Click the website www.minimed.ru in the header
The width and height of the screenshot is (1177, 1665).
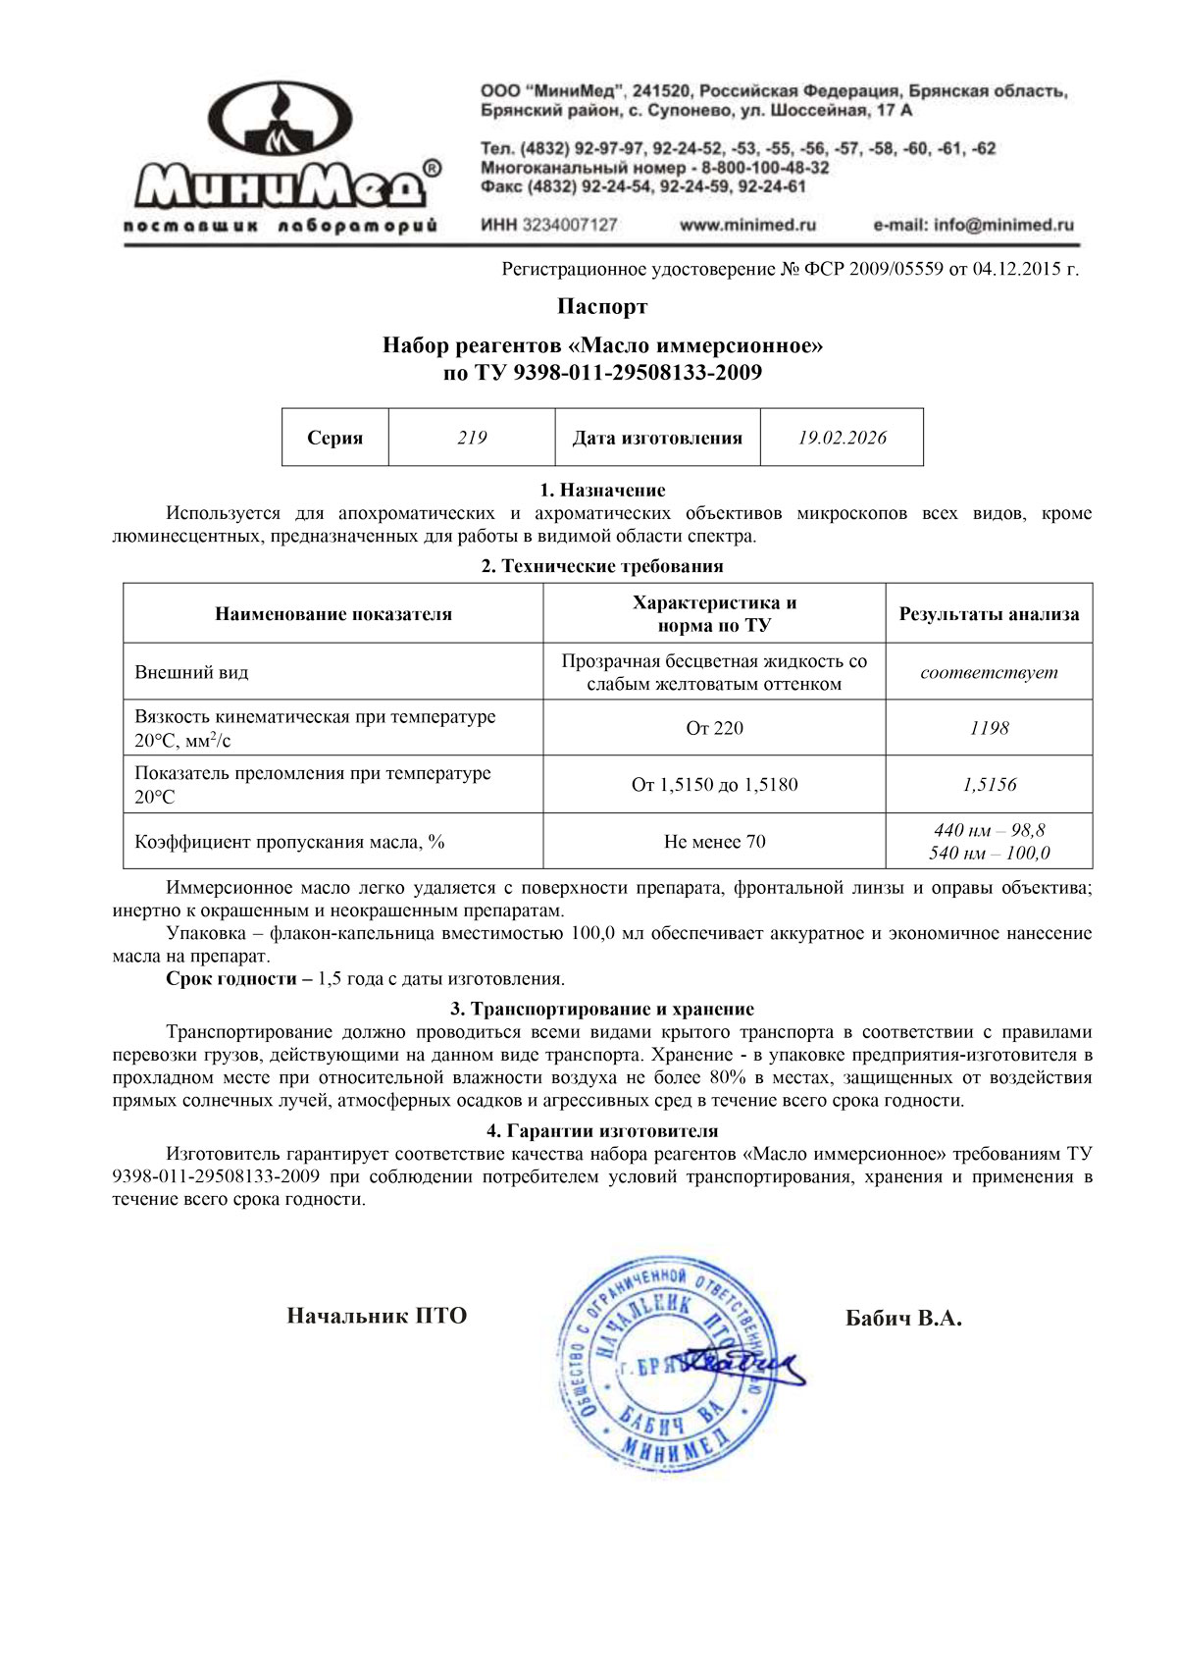coord(747,225)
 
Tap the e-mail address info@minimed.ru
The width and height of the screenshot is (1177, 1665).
coord(973,225)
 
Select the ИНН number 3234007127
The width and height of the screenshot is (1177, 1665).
coord(570,225)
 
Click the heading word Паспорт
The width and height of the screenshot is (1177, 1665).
coord(602,306)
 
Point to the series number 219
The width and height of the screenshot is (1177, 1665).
coord(472,438)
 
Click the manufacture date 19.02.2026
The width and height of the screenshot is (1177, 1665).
coord(842,438)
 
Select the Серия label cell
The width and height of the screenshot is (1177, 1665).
coord(335,438)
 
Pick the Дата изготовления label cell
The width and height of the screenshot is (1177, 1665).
coord(657,438)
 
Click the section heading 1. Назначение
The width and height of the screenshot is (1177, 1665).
coord(602,490)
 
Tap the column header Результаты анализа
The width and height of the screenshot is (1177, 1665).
coord(989,614)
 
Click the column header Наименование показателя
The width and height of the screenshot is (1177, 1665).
coord(333,614)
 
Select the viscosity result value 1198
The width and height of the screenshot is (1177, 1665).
coord(989,728)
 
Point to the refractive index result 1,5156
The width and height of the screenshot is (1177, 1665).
coord(989,785)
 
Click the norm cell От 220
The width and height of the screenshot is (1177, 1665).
coord(714,728)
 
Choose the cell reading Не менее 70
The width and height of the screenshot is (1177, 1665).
coord(714,842)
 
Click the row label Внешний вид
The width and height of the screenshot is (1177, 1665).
coord(191,672)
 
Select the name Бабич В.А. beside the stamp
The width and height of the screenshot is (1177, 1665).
coord(903,1318)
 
